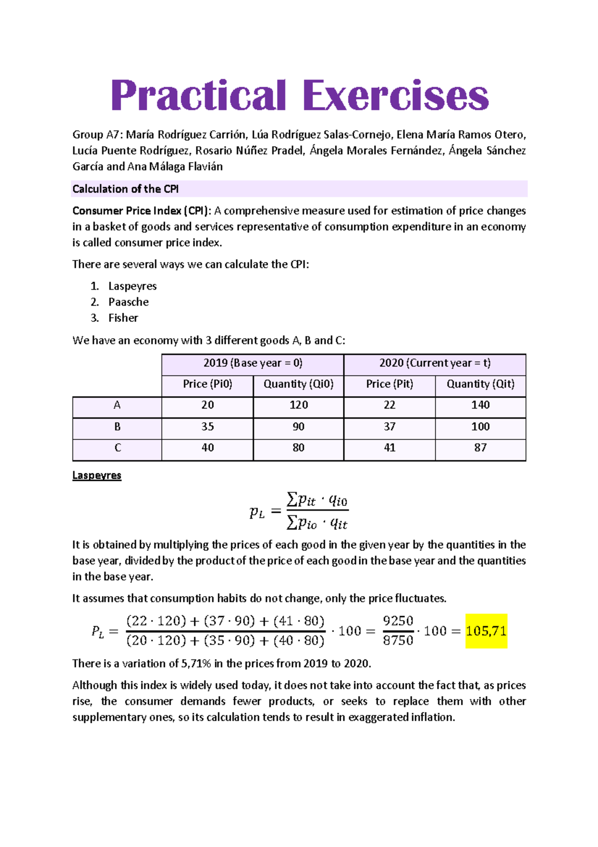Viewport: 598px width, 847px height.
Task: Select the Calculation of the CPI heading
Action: click(x=126, y=189)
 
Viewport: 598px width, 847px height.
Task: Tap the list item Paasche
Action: click(x=129, y=302)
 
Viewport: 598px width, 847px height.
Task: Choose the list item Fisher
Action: click(x=123, y=318)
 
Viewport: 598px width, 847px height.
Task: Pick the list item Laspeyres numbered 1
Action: click(x=133, y=286)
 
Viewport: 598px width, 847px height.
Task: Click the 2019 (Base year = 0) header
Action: click(x=253, y=363)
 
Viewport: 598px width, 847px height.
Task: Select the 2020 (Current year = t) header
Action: click(x=435, y=363)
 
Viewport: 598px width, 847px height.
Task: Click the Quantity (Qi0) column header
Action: click(x=299, y=384)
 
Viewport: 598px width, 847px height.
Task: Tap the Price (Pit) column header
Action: click(x=390, y=384)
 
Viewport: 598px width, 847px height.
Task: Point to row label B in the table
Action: click(x=118, y=427)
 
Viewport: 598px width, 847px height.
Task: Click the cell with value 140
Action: click(x=480, y=405)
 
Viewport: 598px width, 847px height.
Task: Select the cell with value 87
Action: click(x=480, y=448)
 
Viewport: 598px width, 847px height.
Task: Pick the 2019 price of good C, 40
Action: click(x=208, y=448)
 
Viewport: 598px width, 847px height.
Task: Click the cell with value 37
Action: click(x=390, y=427)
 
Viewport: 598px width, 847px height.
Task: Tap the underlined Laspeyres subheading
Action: click(x=97, y=475)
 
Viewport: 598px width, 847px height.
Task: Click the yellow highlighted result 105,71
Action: click(x=486, y=631)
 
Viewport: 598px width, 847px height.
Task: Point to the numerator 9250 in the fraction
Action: click(x=398, y=621)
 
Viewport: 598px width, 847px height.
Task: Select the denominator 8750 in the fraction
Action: click(x=398, y=640)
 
